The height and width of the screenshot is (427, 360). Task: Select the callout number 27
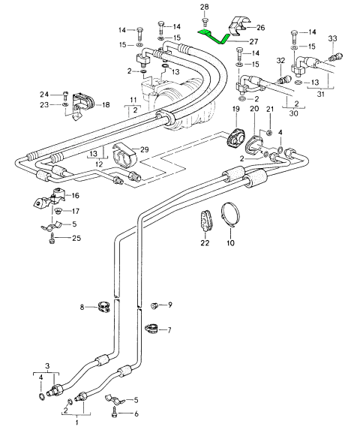[253, 41]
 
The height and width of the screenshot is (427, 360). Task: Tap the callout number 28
[204, 7]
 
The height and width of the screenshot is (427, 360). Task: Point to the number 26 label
[260, 28]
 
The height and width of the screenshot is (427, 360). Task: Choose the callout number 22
[205, 242]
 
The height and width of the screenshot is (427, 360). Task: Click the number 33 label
[332, 38]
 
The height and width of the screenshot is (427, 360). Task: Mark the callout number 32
[280, 60]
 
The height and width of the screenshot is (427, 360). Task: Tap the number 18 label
[106, 105]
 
